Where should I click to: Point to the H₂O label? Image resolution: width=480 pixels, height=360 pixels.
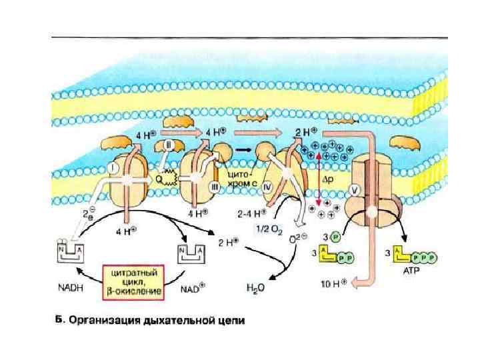coord(255,289)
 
